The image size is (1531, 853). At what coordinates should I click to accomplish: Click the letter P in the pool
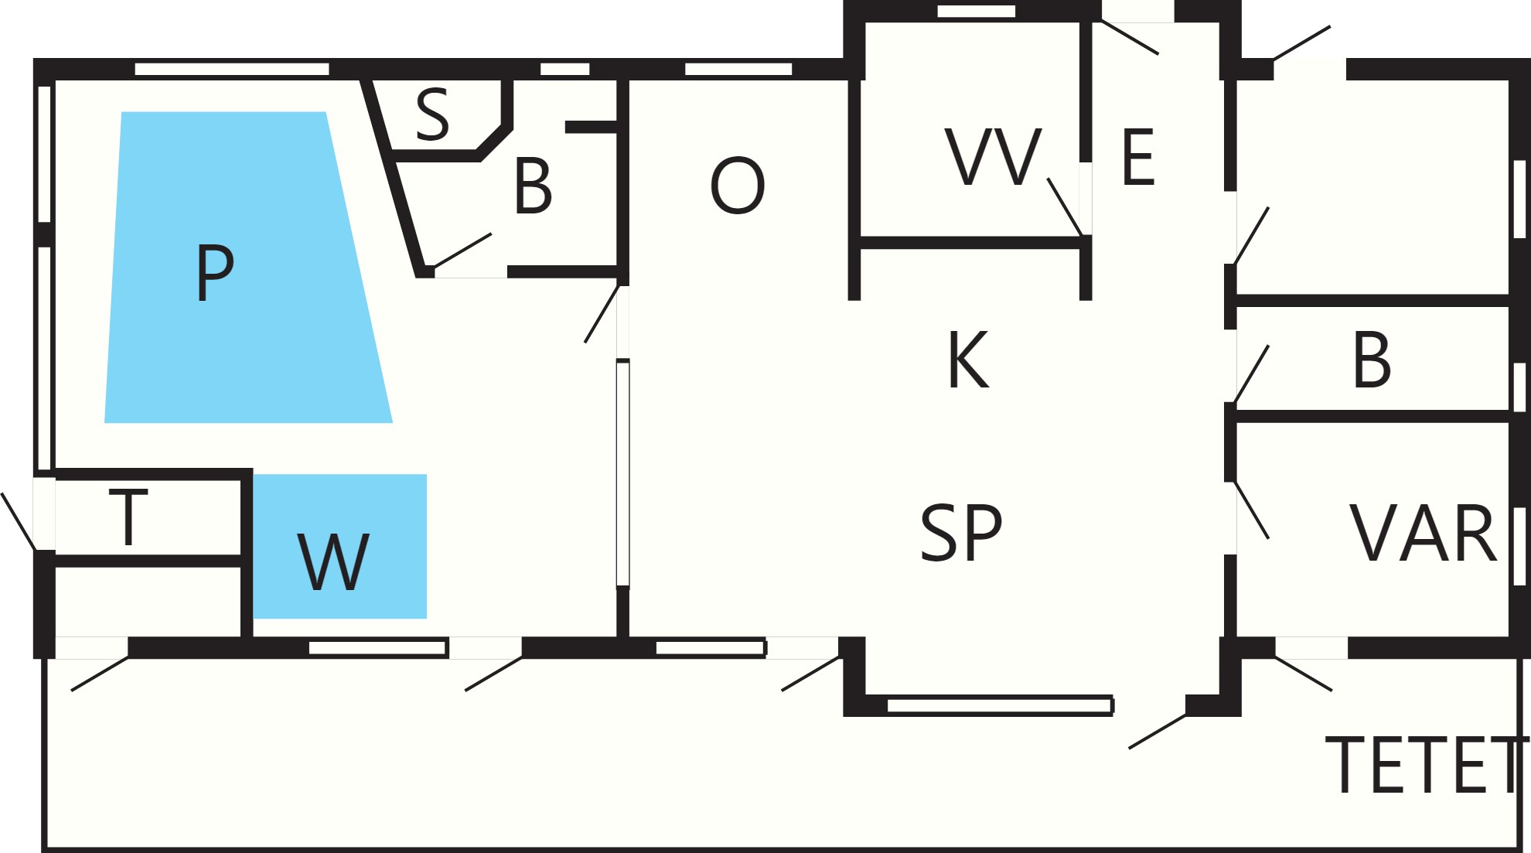coord(215,272)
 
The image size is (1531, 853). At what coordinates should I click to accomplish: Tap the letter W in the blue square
coord(333,562)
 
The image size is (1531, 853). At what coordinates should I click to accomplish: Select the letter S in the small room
coord(432,114)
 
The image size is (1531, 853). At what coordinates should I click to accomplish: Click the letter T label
coord(128,517)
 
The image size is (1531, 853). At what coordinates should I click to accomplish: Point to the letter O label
coord(738,186)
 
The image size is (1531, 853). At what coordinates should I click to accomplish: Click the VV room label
coord(994,157)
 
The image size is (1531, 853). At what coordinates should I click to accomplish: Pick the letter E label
coord(1138,158)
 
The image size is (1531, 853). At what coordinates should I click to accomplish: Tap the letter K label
coord(968,360)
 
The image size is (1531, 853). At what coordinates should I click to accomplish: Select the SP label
coord(961,532)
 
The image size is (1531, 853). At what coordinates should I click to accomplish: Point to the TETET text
coord(1427,765)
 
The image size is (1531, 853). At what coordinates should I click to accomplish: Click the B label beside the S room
coord(533,186)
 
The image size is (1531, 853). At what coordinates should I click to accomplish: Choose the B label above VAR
coord(1372,360)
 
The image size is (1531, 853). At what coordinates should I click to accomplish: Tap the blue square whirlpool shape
coord(340,546)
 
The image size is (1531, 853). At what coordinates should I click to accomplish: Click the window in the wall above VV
coord(977,11)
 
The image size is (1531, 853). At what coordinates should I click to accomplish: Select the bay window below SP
coord(1000,705)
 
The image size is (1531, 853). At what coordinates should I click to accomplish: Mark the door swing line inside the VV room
coord(1065,206)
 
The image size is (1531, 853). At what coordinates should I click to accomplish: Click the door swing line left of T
coord(18,521)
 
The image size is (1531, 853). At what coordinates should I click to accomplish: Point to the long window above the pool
coord(232,69)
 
